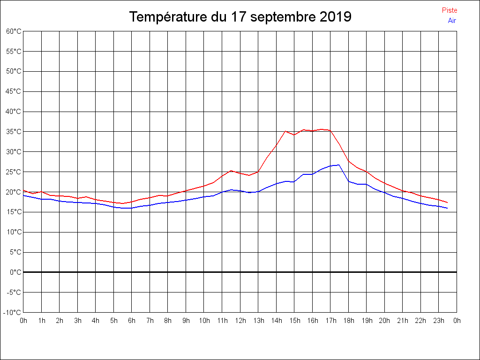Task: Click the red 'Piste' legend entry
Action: (x=449, y=10)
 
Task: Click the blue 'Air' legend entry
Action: (x=452, y=21)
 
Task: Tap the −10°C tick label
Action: (x=13, y=312)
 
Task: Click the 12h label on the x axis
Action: (x=240, y=321)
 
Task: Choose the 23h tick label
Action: (x=438, y=321)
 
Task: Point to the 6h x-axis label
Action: (x=132, y=321)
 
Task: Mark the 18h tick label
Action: (x=348, y=321)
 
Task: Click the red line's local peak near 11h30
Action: (x=231, y=171)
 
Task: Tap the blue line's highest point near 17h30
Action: (x=339, y=165)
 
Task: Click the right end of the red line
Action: (x=448, y=202)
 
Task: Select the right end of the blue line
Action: (x=448, y=208)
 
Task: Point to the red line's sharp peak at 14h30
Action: (x=285, y=131)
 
